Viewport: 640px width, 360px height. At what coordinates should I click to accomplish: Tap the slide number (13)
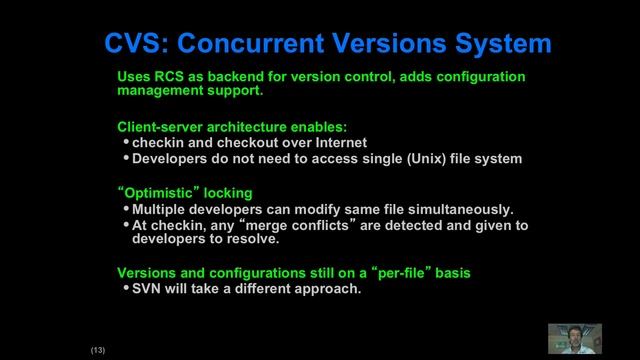98,350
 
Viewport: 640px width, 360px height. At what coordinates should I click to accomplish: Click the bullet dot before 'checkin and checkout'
125,142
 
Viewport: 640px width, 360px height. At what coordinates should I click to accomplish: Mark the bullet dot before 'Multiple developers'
125,209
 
